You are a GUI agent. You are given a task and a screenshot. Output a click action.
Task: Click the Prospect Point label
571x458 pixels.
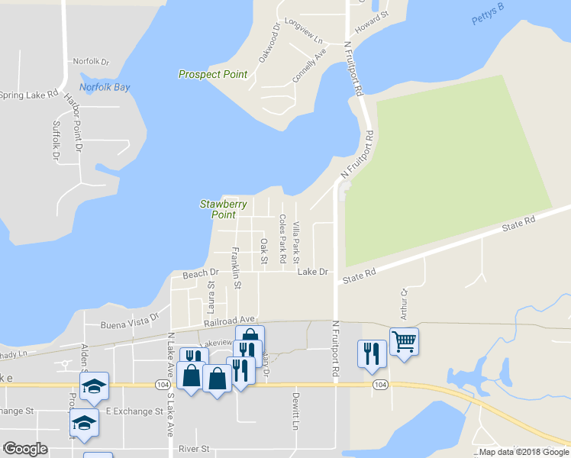(213, 74)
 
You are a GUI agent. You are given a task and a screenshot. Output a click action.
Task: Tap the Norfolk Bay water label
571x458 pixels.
(105, 87)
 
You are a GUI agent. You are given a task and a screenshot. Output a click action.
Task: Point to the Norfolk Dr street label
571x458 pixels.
(91, 61)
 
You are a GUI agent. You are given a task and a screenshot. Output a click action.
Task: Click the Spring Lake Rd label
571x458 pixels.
(29, 95)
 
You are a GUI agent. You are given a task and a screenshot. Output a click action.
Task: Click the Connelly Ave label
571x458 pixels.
(310, 66)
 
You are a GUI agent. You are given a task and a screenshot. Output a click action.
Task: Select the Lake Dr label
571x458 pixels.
(312, 272)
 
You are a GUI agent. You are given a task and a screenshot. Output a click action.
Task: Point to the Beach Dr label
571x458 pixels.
(200, 273)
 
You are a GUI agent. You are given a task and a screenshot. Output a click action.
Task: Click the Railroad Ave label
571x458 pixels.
(229, 321)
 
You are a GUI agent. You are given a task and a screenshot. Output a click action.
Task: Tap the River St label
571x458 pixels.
(194, 450)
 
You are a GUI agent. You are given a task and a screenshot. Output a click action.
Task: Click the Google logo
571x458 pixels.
(25, 449)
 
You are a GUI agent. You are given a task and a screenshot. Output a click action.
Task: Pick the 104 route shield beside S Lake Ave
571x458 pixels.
(162, 385)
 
